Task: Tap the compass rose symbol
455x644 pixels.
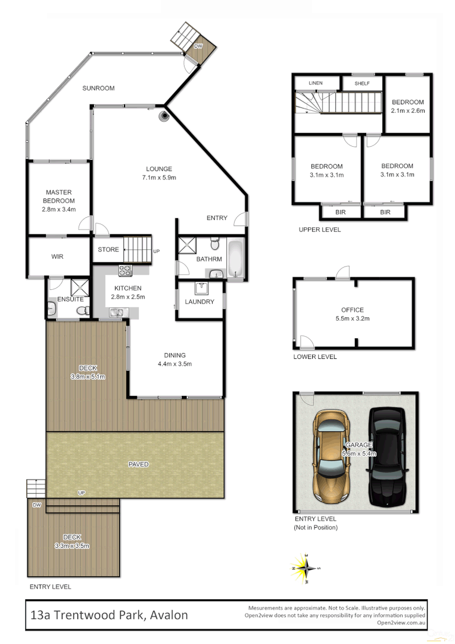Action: (306, 567)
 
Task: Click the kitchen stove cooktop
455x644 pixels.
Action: (126, 270)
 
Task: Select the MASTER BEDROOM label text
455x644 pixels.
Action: (59, 197)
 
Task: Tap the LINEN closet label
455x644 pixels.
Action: (315, 83)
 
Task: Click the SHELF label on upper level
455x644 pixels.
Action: (362, 83)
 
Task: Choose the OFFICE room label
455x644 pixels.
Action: (353, 310)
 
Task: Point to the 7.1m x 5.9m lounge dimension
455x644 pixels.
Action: (158, 178)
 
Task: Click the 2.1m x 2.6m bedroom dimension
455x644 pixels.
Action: (407, 111)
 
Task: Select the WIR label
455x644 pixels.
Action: (57, 256)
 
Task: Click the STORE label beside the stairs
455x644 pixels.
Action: (108, 250)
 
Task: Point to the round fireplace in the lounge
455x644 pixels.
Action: (163, 117)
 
